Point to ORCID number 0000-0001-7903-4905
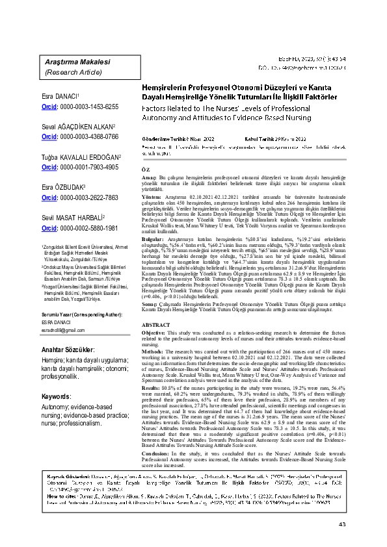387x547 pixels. (x=88, y=168)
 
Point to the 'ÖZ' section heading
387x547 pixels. (x=145, y=168)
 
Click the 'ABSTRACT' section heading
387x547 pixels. (x=155, y=324)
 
